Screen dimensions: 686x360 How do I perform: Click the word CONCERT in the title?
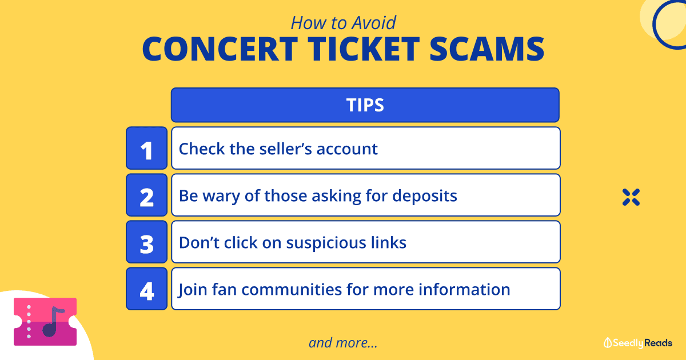tap(220, 49)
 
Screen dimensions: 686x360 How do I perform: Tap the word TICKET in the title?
tap(364, 49)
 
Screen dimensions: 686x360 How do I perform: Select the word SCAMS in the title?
tap(486, 49)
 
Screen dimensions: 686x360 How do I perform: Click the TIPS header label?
tap(365, 105)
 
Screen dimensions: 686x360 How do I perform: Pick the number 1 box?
tap(147, 148)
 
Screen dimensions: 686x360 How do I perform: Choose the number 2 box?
tap(147, 195)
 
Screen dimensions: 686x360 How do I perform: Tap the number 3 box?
tap(147, 242)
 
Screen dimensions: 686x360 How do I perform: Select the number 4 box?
tap(147, 289)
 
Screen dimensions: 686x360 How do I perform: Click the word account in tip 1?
tap(347, 149)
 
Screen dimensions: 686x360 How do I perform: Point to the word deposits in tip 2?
tap(425, 196)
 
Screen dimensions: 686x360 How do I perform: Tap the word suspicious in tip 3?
tap(326, 243)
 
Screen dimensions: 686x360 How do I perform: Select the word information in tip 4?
tap(464, 289)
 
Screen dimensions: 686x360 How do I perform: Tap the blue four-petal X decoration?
tap(631, 197)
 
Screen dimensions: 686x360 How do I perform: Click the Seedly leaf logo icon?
tap(608, 343)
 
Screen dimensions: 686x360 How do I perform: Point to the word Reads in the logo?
tap(658, 343)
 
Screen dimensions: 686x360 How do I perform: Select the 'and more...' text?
tap(343, 342)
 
